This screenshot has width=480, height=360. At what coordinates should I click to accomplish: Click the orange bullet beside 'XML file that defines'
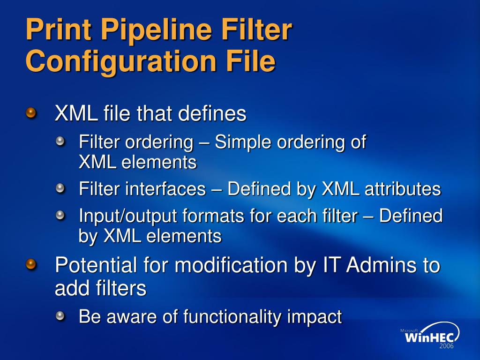tap(31, 113)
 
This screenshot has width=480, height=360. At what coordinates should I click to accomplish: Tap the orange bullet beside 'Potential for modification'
tap(31, 265)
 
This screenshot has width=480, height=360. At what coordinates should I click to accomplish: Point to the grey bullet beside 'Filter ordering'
tap(60, 141)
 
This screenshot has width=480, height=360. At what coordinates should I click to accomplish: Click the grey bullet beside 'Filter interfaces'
tap(60, 189)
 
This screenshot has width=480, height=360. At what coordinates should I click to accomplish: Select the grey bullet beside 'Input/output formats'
tap(60, 216)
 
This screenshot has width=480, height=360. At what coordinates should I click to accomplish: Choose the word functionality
tap(232, 317)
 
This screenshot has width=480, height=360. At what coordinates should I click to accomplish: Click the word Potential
tap(96, 265)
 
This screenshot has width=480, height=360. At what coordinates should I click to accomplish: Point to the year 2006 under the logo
tap(446, 346)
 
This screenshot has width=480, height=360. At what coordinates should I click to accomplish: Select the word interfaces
tap(165, 189)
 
